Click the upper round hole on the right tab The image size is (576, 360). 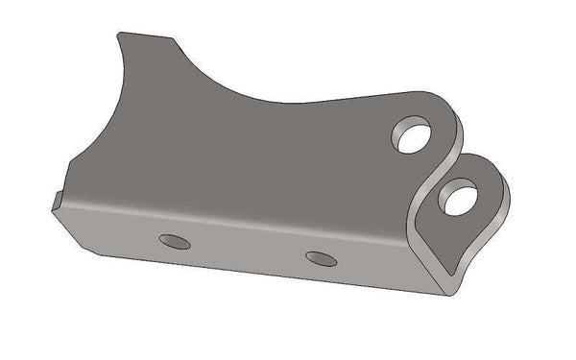(412, 134)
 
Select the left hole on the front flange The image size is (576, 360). (176, 240)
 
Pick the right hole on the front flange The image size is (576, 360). (321, 257)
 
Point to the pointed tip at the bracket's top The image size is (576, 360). (120, 35)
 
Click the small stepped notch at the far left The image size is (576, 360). (58, 201)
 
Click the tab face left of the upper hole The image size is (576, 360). (370, 139)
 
